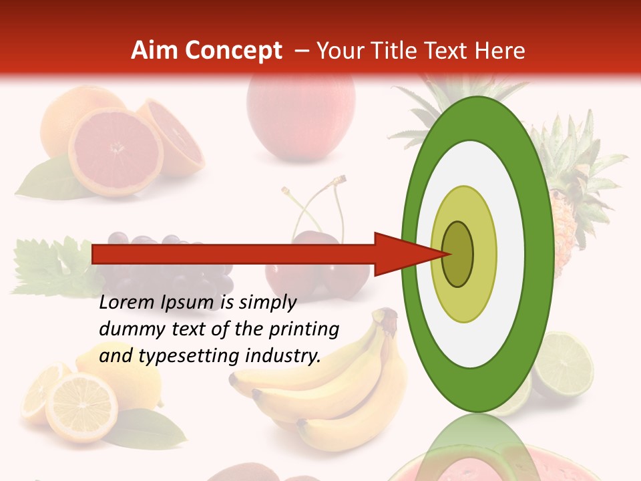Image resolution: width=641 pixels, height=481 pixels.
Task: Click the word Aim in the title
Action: point(154,51)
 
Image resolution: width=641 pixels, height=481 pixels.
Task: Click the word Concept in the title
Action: point(233,51)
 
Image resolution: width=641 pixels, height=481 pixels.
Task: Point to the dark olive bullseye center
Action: point(458,254)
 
